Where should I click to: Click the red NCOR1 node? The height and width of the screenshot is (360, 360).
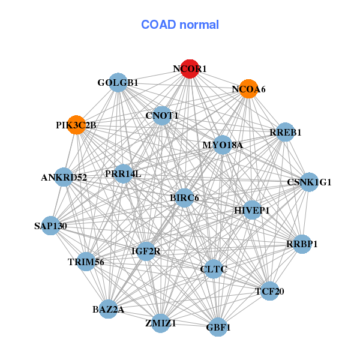(190, 69)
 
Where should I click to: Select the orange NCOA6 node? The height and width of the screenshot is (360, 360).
(248, 89)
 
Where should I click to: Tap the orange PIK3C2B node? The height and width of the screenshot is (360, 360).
(76, 125)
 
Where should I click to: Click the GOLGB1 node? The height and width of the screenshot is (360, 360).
(118, 83)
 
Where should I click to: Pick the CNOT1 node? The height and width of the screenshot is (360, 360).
(162, 116)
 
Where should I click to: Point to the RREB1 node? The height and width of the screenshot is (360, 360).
(285, 132)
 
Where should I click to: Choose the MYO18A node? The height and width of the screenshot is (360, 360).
(223, 145)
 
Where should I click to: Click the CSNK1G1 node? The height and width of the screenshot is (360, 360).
(309, 182)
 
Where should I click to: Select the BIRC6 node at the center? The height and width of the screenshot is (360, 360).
(184, 198)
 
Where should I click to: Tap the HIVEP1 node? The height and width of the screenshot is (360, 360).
(252, 210)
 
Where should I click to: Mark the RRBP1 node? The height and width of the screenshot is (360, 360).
(302, 244)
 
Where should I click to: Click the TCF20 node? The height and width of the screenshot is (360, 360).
(270, 291)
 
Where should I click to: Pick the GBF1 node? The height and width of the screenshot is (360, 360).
(218, 327)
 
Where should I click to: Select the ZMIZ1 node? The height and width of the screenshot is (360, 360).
(161, 323)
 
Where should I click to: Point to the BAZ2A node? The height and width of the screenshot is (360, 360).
(108, 309)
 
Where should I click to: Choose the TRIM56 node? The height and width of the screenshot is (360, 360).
(86, 262)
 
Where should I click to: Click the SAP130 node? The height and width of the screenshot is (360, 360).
(51, 226)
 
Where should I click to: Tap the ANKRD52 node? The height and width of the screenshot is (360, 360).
(64, 177)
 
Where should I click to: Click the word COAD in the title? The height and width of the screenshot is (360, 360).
(158, 25)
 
